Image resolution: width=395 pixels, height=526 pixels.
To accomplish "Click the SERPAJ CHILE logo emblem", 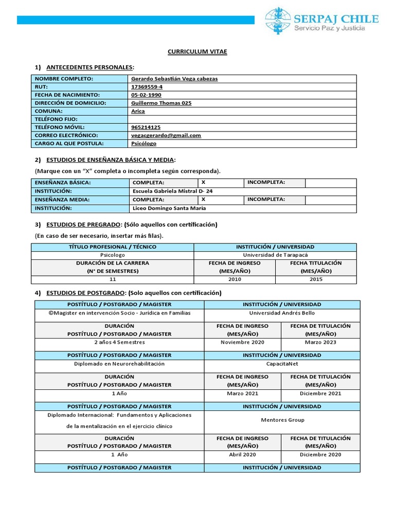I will [x=277, y=21].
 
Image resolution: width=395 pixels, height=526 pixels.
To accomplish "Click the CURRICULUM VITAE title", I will [x=197, y=52].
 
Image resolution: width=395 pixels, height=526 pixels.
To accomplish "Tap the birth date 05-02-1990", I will [x=146, y=95].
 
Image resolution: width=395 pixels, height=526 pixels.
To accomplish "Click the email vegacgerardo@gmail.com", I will [x=166, y=135].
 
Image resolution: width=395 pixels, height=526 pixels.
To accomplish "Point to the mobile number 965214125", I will [x=146, y=127].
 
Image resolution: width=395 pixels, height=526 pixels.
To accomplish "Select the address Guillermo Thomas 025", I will [x=161, y=103].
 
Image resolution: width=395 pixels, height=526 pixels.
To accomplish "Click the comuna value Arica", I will [x=138, y=111].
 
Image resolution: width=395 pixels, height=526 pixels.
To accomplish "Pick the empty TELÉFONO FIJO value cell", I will [x=242, y=119].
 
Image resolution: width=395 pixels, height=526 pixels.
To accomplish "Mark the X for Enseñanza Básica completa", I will [x=204, y=182].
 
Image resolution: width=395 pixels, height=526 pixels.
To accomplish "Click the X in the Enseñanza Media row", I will [x=204, y=199].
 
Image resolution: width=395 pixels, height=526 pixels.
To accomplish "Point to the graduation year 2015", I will [x=315, y=279].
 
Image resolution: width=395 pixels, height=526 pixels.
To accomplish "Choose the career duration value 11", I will [x=113, y=279].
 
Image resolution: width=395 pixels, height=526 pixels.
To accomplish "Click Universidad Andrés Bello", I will [x=282, y=313].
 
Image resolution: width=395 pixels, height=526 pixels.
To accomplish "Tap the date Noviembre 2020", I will [x=242, y=342].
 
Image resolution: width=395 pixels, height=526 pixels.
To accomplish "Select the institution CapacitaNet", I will [x=282, y=363].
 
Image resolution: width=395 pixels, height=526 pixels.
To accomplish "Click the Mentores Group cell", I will [x=282, y=420].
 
